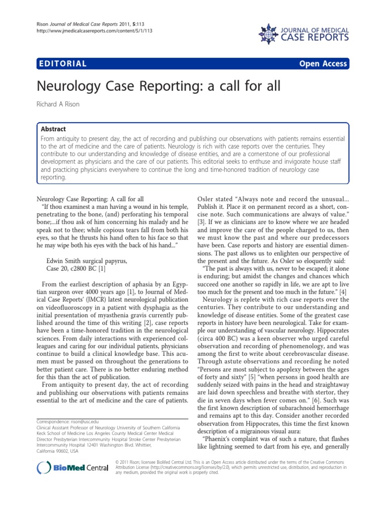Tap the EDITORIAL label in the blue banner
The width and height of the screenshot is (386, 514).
pos(62,63)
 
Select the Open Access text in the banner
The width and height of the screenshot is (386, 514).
pos(323,63)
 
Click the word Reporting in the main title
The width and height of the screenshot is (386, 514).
pos(153,87)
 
